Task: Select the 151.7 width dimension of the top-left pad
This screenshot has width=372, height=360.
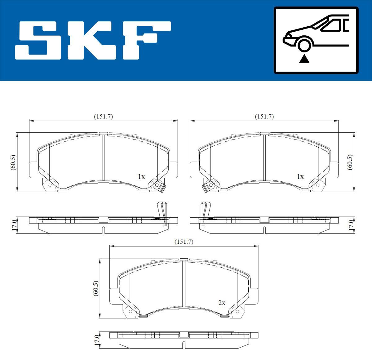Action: (103, 117)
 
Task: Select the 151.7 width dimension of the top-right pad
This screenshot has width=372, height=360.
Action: (264, 117)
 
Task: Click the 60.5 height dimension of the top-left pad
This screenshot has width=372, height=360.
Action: (13, 162)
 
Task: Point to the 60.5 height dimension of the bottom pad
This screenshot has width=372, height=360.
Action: (95, 288)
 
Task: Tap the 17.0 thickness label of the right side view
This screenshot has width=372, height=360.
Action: (351, 224)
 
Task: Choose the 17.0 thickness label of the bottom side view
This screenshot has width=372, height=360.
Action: (96, 340)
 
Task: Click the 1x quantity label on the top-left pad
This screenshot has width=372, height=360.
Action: (141, 177)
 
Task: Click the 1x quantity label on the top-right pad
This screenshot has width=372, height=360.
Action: (300, 177)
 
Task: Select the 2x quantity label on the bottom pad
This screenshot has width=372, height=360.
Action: (221, 303)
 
